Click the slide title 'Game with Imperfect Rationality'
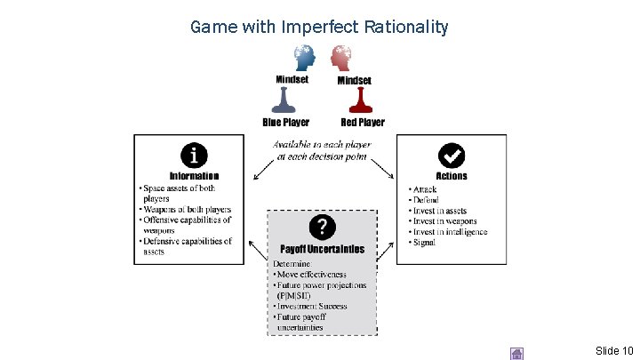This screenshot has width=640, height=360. click(319, 27)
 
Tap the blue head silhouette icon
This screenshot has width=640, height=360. click(304, 58)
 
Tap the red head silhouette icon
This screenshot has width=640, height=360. click(342, 58)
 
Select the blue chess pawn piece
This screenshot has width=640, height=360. click(286, 102)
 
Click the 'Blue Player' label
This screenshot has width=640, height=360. click(285, 122)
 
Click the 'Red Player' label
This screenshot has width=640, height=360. click(362, 122)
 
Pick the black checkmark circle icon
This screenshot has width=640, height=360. click(452, 156)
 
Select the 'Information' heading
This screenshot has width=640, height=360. click(194, 176)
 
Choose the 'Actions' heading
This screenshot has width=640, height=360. click(452, 176)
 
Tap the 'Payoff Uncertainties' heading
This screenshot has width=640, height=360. click(322, 249)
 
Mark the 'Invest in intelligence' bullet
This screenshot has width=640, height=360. click(450, 232)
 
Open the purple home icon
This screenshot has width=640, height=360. click(516, 353)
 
